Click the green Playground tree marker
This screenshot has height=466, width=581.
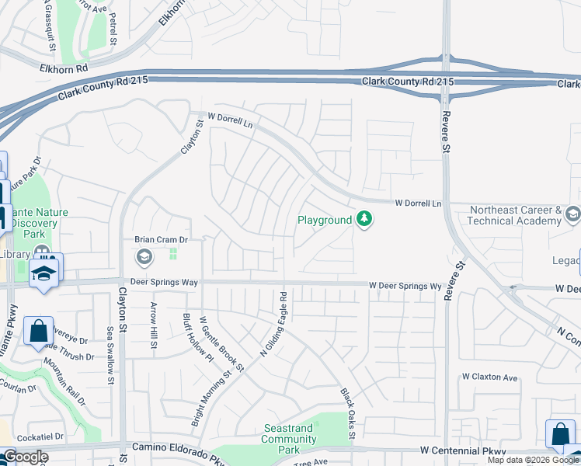tap(364, 220)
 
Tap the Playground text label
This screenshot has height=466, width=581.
tap(325, 220)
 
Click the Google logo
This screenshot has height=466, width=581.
tap(25, 457)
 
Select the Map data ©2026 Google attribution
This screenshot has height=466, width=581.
tap(533, 460)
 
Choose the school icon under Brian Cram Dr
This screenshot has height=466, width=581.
tap(144, 256)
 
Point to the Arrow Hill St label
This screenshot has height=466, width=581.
tap(154, 325)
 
